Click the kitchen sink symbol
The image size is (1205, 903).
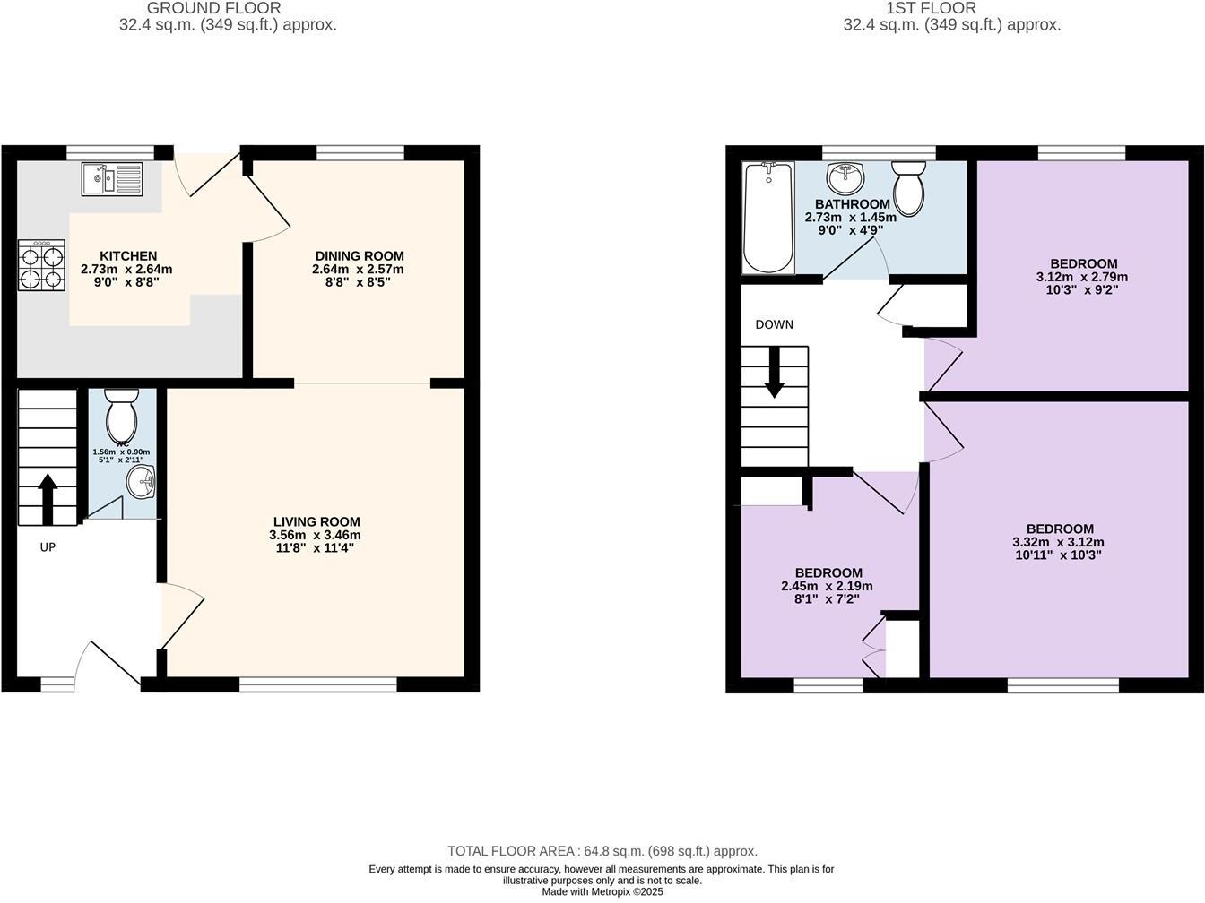coord(110,178)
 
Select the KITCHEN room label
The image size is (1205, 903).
coord(128,256)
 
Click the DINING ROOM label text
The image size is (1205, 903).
coord(359,256)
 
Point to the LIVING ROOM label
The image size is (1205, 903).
coord(316,521)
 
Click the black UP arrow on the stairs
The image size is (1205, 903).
coord(48,499)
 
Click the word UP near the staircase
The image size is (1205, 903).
coord(48,546)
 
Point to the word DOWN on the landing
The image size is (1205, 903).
coord(774,324)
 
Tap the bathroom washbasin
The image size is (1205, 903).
coord(845,177)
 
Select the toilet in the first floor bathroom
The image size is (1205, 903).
coord(908,187)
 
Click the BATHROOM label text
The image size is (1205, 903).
coord(852,204)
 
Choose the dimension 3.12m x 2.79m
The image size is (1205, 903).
coord(1083,277)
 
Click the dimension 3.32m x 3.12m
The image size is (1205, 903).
coord(1058,542)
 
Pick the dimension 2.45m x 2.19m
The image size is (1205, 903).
coord(828,586)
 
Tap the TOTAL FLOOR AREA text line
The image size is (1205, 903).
coord(602,851)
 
